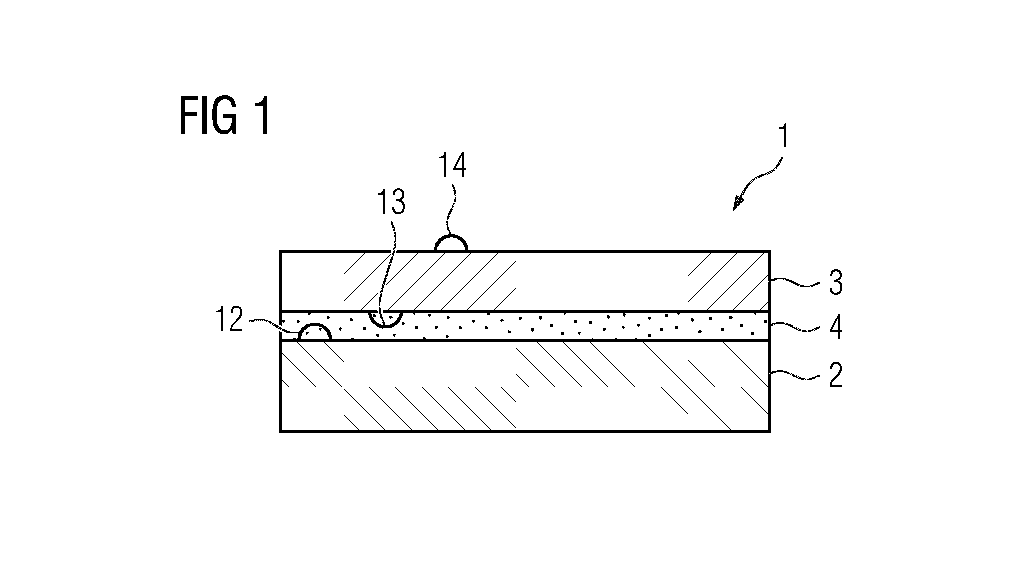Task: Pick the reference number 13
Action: [391, 202]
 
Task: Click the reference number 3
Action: [835, 283]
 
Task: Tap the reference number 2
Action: [835, 375]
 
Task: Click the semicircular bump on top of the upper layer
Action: [451, 237]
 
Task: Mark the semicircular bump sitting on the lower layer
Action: [314, 325]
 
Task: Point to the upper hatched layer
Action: [525, 281]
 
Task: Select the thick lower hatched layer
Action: [525, 386]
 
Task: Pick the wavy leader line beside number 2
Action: [795, 374]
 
